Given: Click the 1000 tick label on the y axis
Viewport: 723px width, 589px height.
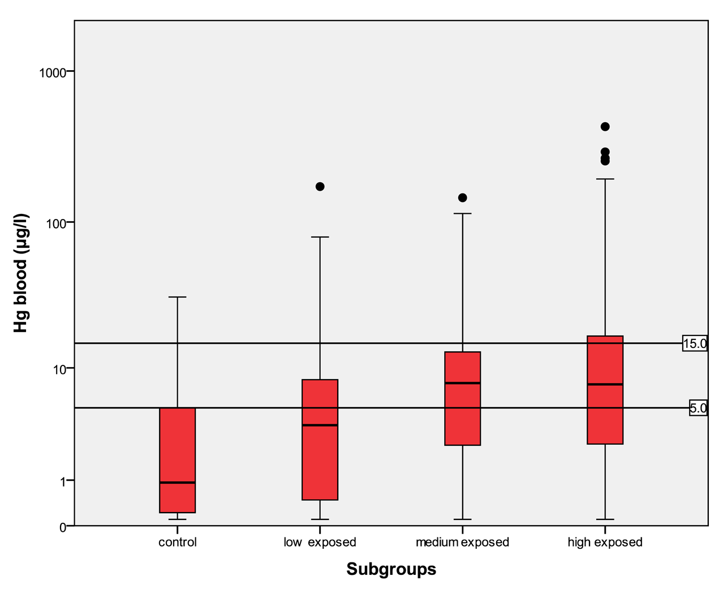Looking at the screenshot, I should click(53, 72).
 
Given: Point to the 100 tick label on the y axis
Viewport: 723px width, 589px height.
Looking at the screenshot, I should click(56, 223).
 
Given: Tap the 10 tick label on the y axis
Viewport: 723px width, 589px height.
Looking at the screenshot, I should click(59, 369).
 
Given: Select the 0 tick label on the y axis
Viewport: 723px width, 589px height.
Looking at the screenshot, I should click(63, 527).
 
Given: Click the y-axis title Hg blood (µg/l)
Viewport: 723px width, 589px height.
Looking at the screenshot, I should click(21, 273).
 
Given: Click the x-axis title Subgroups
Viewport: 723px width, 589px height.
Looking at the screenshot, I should click(391, 569).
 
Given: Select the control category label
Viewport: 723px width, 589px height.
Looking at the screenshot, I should click(178, 542).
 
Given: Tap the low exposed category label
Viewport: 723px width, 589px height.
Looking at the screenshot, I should click(320, 542).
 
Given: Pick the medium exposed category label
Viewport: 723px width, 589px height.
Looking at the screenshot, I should click(462, 542).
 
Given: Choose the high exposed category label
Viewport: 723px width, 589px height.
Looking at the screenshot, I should click(605, 542).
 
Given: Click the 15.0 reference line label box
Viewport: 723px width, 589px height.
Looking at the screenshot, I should click(694, 343).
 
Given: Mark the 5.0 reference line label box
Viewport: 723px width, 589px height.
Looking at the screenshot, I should click(698, 408).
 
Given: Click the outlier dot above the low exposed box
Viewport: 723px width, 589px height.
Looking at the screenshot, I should click(320, 187).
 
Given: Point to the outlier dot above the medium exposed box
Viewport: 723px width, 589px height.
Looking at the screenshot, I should click(462, 197).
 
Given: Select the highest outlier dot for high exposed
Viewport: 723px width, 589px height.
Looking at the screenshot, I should click(605, 127).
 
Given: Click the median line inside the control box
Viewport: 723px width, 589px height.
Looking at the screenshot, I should click(178, 483).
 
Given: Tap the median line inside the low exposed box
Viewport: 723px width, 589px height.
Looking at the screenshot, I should click(320, 425).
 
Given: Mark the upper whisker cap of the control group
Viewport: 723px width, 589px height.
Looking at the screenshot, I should click(178, 296).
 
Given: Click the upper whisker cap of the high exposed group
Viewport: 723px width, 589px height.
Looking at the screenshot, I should click(605, 179).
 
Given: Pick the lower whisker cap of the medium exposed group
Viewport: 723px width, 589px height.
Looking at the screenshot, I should click(462, 519).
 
